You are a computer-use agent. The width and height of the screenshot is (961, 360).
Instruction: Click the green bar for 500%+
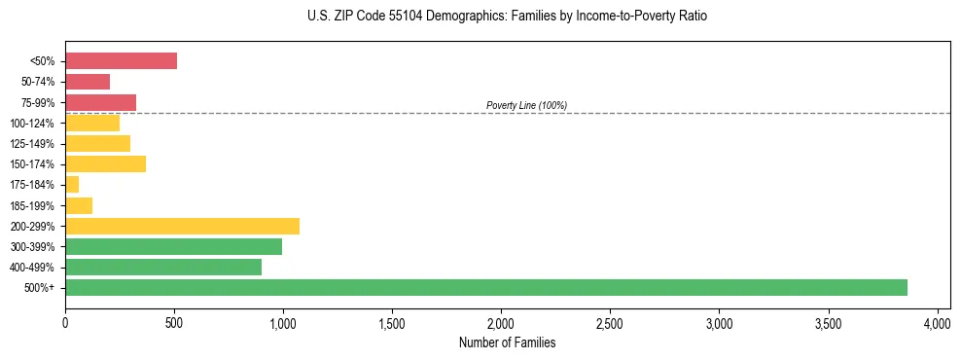click(486, 287)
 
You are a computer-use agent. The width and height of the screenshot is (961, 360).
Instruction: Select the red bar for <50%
click(121, 61)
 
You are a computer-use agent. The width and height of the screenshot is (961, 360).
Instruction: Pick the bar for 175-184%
click(72, 185)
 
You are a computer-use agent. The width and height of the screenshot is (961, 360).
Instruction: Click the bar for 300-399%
click(173, 246)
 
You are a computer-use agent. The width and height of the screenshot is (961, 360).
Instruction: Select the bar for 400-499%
click(163, 267)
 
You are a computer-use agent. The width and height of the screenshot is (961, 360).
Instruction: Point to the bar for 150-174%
click(105, 164)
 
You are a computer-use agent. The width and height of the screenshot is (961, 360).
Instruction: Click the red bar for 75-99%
click(100, 102)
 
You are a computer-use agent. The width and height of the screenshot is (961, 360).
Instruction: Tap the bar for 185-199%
click(79, 205)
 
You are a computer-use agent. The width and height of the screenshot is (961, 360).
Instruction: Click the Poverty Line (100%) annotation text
click(526, 105)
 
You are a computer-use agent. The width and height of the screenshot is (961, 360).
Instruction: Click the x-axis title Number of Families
click(501, 342)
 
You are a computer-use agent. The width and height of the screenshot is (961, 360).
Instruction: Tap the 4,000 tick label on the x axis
click(937, 320)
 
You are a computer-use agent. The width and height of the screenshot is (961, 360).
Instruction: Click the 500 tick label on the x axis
click(174, 320)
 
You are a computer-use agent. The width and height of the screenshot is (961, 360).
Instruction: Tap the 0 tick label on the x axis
click(65, 320)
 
